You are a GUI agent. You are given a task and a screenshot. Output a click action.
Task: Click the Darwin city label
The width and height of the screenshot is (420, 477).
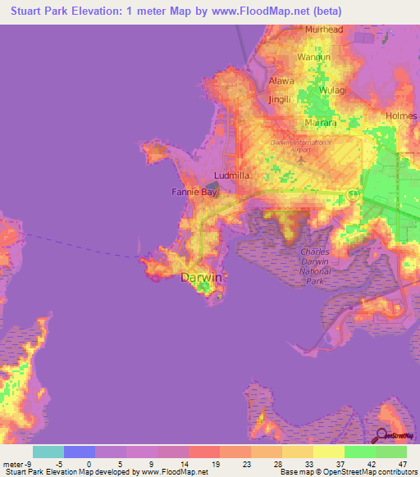200,278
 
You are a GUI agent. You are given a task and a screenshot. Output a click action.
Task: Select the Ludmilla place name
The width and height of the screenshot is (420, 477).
231,175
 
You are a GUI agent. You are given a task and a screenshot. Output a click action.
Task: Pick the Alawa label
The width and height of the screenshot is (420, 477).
281,81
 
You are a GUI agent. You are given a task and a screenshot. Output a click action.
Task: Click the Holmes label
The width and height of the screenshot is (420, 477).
401,116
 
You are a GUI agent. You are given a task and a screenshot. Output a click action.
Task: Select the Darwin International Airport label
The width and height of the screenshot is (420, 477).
301,146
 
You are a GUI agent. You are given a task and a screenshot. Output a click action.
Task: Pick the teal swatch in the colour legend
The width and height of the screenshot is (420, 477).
48,452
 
